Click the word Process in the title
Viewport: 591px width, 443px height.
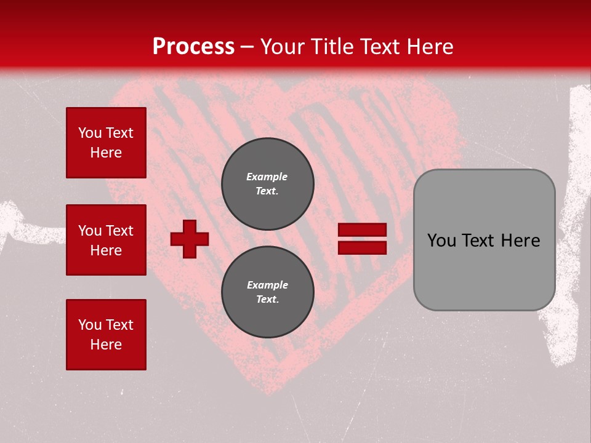193,47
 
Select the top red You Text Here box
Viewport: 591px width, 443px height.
106,143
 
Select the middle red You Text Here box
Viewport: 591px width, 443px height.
106,240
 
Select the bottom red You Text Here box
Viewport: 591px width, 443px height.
106,335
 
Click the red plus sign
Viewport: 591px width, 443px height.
189,239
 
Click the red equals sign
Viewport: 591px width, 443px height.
362,239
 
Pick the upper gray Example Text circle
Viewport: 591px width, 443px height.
267,183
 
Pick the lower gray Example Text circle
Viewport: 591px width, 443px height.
267,292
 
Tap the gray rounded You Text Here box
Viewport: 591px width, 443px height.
484,240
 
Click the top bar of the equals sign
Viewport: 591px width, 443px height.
362,230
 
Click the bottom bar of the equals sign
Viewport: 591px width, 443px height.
362,247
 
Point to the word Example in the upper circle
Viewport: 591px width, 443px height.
267,177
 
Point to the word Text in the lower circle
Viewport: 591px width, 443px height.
267,300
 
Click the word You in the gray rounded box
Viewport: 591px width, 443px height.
440,241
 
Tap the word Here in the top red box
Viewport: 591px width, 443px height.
106,153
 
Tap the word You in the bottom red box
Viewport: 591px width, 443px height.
90,325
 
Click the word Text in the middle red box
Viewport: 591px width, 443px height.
119,231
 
